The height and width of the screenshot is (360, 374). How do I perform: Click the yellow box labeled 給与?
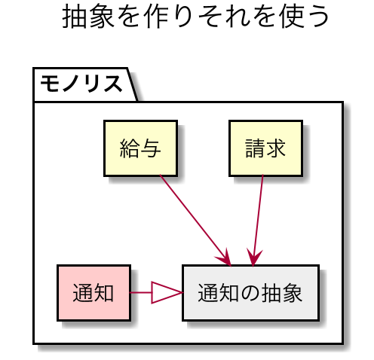141,148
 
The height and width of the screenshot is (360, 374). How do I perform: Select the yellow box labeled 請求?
265,148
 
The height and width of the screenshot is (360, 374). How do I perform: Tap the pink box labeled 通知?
93,293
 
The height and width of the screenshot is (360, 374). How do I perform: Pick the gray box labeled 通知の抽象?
251,293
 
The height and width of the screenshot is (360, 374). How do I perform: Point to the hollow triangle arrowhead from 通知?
167,293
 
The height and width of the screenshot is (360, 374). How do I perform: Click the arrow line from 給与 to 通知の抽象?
195,220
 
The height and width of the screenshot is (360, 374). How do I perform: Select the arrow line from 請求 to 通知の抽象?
258,220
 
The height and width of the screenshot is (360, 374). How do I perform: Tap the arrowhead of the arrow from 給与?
224,258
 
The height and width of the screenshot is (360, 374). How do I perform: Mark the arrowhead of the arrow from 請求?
254,258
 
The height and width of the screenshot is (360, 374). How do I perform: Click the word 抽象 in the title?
88,17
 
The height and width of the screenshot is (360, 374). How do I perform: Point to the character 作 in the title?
157,17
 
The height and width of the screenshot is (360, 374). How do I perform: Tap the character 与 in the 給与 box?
151,148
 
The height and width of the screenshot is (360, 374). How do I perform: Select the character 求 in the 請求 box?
276,148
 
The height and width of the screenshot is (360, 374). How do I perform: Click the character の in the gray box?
250,293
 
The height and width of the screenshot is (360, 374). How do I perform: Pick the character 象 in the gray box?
292,293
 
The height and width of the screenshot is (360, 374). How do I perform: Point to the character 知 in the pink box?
103,293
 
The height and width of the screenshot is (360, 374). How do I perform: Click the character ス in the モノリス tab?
112,84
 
